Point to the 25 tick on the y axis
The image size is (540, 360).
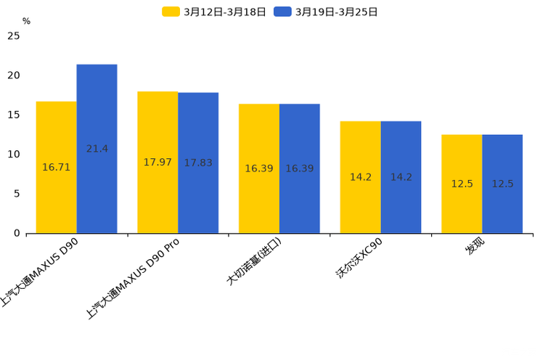14,36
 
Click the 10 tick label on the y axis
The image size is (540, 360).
14,154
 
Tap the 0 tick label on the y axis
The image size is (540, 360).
17,233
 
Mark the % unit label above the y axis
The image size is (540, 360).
26,21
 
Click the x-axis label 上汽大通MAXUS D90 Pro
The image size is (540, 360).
134,278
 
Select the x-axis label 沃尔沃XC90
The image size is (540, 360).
359,258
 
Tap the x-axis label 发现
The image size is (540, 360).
476,247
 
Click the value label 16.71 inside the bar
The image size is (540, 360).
56,167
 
